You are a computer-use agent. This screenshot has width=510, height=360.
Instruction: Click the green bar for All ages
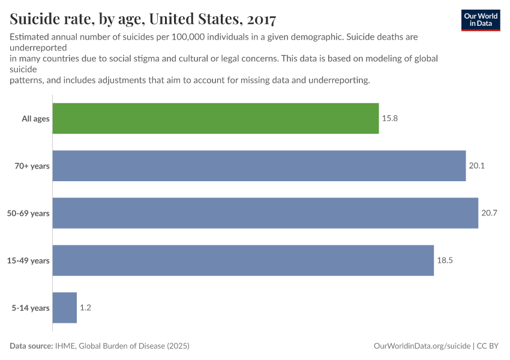[x=215, y=118]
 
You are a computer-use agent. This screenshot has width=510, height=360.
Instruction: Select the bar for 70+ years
[x=259, y=166]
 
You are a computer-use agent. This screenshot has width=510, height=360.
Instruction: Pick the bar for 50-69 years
[x=265, y=213]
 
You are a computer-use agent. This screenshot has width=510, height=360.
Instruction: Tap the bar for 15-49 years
[x=243, y=260]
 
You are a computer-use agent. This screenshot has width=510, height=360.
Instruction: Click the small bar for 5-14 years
[x=65, y=308]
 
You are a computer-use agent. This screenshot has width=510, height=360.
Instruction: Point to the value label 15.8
[x=390, y=118]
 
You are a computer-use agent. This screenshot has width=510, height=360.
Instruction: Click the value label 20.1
[x=476, y=166]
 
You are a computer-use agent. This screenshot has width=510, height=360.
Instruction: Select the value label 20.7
[x=489, y=213]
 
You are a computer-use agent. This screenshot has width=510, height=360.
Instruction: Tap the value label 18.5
[x=445, y=260]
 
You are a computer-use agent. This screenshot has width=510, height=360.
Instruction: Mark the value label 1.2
[x=85, y=308]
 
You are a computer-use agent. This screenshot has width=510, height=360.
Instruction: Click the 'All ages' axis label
[x=35, y=119]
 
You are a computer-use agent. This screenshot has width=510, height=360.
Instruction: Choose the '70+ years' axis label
[x=32, y=166]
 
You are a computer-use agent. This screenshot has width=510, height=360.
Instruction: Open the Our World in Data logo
[x=481, y=20]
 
